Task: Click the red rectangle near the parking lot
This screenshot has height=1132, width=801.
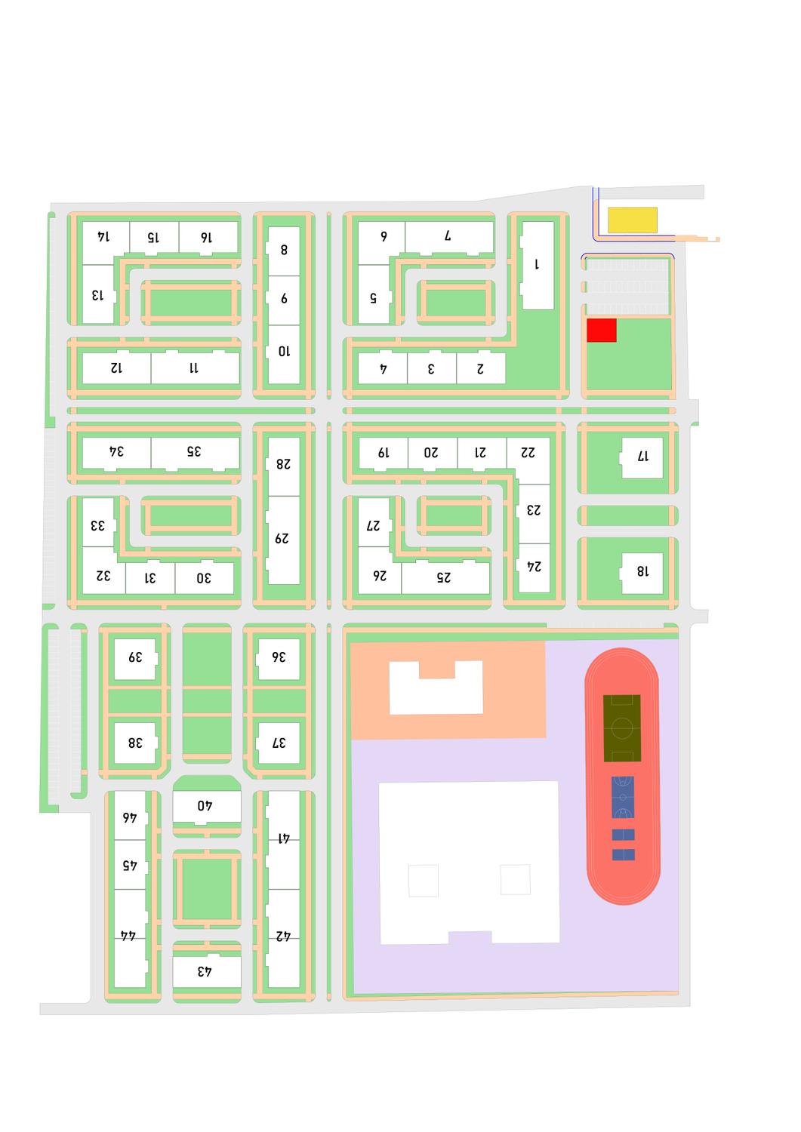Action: pyautogui.click(x=601, y=330)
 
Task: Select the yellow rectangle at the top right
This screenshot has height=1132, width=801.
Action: pyautogui.click(x=632, y=220)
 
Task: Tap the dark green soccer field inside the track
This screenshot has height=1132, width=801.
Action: pyautogui.click(x=622, y=728)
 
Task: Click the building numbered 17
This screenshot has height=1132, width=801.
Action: pyautogui.click(x=642, y=457)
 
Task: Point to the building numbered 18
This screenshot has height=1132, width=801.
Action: pyautogui.click(x=642, y=573)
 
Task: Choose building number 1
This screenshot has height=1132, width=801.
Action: pyautogui.click(x=538, y=266)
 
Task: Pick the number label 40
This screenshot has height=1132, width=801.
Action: pyautogui.click(x=205, y=805)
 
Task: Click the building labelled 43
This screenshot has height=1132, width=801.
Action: pyautogui.click(x=207, y=971)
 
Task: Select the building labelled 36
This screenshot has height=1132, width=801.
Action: pyautogui.click(x=278, y=659)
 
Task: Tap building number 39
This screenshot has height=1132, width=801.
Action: pyautogui.click(x=136, y=659)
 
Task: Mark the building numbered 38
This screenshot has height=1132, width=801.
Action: pyautogui.click(x=136, y=743)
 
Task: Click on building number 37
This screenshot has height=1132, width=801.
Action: pyautogui.click(x=278, y=743)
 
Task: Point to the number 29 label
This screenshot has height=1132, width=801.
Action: pyautogui.click(x=282, y=539)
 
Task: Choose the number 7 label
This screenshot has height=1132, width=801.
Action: pyautogui.click(x=448, y=235)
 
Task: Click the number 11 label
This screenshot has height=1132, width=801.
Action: pyautogui.click(x=194, y=368)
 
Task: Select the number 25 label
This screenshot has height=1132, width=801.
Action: pyautogui.click(x=443, y=577)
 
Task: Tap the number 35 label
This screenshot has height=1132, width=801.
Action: pyautogui.click(x=194, y=451)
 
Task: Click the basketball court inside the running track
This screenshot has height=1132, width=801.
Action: pyautogui.click(x=623, y=797)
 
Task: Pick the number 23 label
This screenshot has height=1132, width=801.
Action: pyautogui.click(x=534, y=510)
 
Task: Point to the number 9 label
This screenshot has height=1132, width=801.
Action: pyautogui.click(x=284, y=299)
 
